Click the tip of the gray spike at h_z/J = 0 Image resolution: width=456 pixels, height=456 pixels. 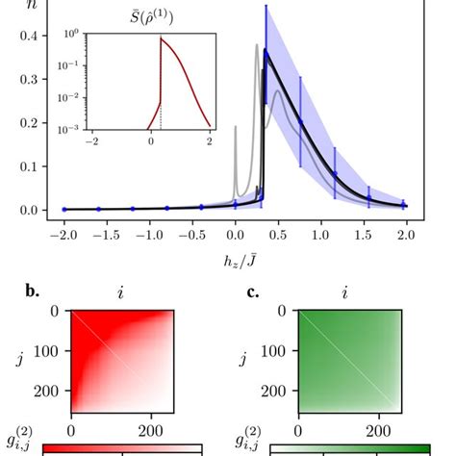pos(235,126)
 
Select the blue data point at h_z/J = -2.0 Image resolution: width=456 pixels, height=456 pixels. pos(64,209)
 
